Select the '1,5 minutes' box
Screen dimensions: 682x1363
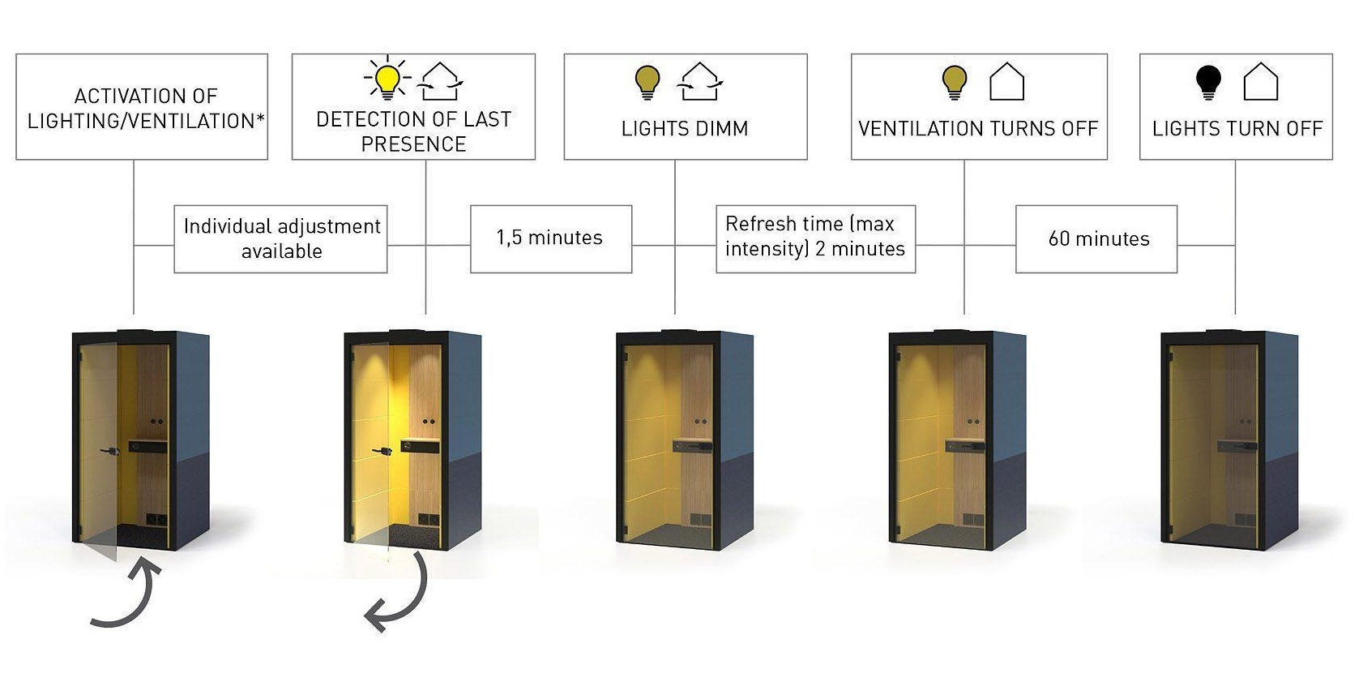coord(550,238)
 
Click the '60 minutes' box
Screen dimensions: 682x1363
coord(1097,238)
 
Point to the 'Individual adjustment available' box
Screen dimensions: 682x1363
coord(281,238)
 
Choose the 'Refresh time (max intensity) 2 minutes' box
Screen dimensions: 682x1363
coord(815,237)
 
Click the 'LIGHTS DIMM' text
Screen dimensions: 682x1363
coord(685,129)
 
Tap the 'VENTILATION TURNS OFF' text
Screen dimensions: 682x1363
coord(978,129)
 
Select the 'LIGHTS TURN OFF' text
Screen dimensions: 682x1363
coord(1237,129)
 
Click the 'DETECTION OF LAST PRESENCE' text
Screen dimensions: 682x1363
coord(413,131)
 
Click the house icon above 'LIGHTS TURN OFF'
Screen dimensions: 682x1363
coord(1261,82)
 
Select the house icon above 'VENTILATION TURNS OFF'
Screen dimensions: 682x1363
coord(1007,82)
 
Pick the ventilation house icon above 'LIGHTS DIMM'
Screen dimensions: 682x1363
coord(700,82)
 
